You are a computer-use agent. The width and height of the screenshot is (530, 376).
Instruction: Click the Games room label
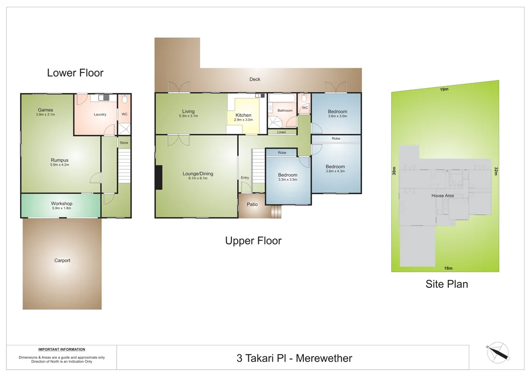point(46,110)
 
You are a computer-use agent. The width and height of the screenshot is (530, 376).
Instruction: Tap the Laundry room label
point(100,114)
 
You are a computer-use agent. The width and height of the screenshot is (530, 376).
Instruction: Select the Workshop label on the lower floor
point(62,204)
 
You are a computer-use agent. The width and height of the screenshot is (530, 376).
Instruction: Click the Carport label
point(62,261)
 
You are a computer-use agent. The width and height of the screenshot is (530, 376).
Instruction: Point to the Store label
point(124,142)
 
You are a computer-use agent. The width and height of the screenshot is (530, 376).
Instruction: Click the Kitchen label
point(243,115)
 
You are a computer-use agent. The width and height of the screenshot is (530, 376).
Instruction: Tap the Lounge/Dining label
point(198,174)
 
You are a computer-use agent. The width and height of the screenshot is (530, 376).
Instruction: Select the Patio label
point(252,205)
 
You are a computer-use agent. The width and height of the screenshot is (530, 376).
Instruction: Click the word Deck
point(255,79)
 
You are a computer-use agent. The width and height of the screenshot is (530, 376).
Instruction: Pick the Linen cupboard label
point(282,132)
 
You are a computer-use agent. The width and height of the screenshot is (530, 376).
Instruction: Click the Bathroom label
point(285,110)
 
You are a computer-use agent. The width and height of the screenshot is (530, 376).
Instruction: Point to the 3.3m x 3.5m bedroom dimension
point(287,180)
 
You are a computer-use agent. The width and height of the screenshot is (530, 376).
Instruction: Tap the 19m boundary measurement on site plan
point(444,90)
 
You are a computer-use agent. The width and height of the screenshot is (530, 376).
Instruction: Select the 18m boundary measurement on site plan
point(448,268)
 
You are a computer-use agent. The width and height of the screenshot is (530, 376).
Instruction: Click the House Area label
point(443,196)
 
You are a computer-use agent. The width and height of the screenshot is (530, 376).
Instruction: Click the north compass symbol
point(497,352)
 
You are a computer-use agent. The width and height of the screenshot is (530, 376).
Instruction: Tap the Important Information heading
point(62,349)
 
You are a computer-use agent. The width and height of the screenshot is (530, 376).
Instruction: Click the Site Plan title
point(447,284)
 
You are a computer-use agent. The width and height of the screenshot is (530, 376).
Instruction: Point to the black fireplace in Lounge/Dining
point(159,177)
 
